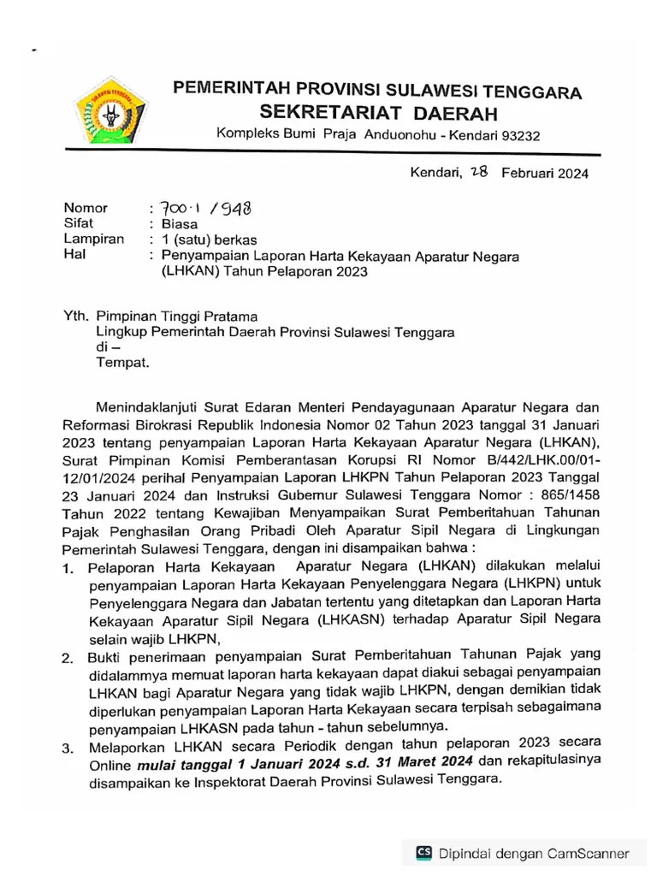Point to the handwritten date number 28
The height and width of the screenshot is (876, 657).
coord(473,172)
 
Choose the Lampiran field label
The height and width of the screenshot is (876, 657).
coord(93,240)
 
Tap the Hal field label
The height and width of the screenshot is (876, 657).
coord(74,255)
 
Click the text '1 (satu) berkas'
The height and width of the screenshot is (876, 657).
coord(209,240)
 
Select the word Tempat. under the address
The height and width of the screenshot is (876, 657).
coord(122,362)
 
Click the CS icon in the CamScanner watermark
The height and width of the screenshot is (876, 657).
coord(423,852)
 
